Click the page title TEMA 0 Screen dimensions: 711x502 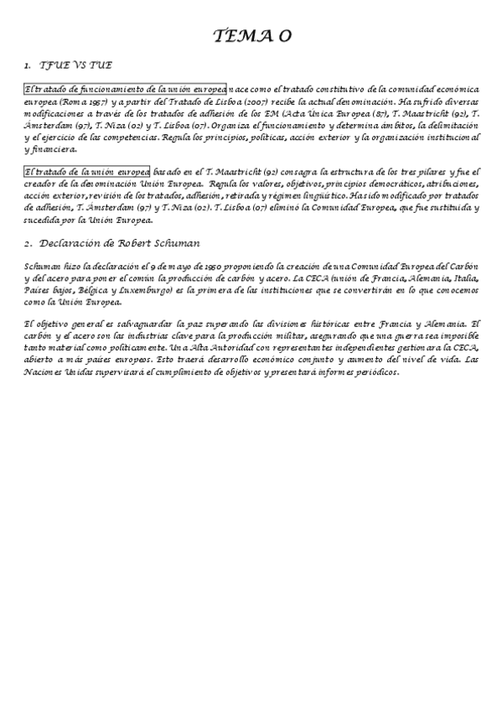click(x=251, y=35)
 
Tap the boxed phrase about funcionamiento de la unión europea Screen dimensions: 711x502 click(x=125, y=89)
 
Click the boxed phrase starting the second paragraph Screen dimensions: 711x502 click(x=87, y=170)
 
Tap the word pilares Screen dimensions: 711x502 click(x=433, y=171)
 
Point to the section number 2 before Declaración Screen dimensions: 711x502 click(x=28, y=243)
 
